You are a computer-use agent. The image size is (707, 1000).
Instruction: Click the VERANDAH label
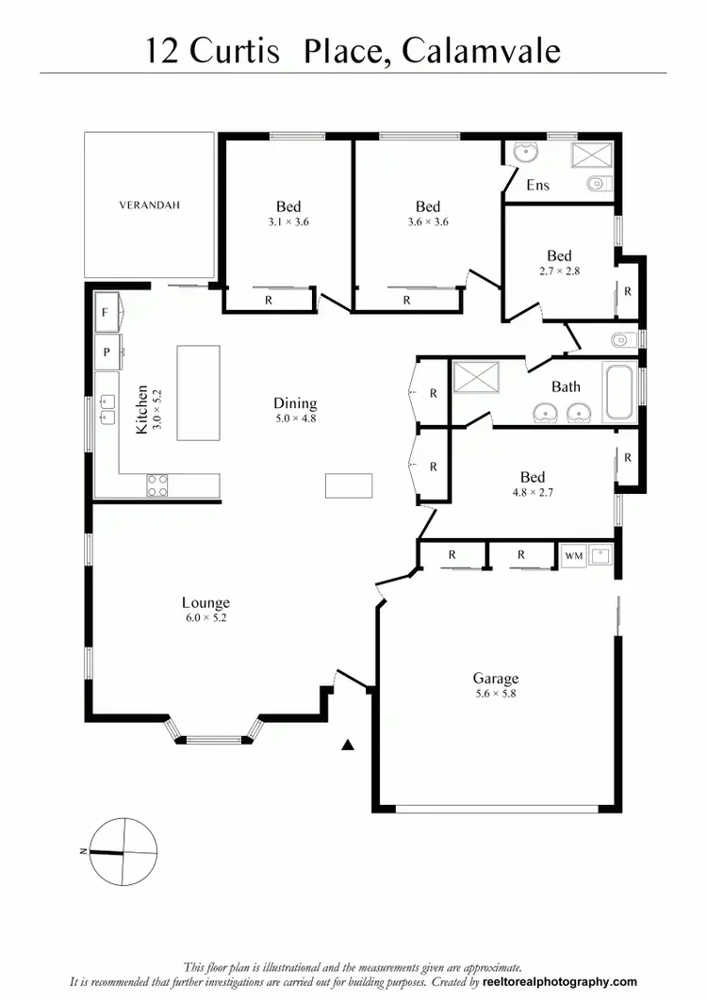pos(149,204)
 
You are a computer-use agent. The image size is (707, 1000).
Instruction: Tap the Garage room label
pos(495,679)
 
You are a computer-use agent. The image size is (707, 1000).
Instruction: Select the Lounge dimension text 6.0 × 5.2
pos(206,618)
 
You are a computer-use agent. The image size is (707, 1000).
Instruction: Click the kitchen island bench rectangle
pos(198,392)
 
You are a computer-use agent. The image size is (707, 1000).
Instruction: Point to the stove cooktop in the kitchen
pos(157,485)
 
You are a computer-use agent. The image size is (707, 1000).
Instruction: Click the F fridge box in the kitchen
pos(106,312)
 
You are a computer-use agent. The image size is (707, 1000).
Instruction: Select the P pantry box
pos(106,352)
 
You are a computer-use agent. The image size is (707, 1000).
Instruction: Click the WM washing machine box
pos(573,556)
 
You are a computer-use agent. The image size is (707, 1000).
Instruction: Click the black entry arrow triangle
pos(347,745)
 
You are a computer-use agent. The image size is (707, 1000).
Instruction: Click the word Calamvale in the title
pos(481,50)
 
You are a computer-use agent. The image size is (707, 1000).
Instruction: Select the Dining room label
pos(295,403)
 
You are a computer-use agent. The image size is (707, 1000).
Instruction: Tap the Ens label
pos(537,185)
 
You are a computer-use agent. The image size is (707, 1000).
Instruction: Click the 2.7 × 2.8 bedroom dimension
pos(559,271)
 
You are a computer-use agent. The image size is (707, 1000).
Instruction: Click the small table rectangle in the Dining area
pos(349,485)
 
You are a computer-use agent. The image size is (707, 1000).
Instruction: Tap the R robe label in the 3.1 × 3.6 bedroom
pos(269,301)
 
